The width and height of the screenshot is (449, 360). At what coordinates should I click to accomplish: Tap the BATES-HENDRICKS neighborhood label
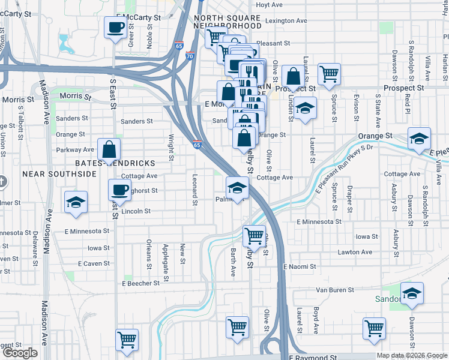coord(115,163)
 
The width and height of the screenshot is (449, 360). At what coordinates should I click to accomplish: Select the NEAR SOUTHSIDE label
coord(59,174)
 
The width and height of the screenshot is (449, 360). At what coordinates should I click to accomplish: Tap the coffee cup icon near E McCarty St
coord(116,27)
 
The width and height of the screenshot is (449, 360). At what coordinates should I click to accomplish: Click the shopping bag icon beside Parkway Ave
coord(109,149)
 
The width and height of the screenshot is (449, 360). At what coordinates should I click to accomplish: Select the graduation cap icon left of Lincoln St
coord(76,202)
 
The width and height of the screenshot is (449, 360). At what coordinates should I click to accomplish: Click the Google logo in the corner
coord(20,353)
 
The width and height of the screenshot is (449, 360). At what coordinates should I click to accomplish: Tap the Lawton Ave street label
coord(355,253)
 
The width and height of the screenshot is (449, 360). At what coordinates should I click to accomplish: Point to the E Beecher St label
coord(141,283)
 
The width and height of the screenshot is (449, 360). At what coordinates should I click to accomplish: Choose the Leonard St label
coord(194,190)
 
